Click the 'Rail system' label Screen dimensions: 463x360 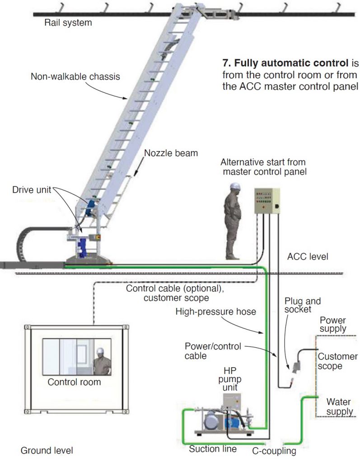click(x=68, y=23)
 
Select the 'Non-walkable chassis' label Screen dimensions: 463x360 click(x=75, y=76)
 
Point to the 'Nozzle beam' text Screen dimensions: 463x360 click(x=171, y=153)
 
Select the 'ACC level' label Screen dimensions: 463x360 click(x=308, y=257)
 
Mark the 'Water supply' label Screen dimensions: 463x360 click(x=339, y=406)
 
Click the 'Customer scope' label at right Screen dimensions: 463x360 click(x=337, y=362)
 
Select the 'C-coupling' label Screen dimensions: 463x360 click(x=274, y=450)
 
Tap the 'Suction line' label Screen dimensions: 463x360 click(x=213, y=449)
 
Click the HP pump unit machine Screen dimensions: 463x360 click(x=224, y=418)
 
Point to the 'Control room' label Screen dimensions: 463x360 click(x=75, y=382)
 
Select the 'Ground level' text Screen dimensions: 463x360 click(x=47, y=450)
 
